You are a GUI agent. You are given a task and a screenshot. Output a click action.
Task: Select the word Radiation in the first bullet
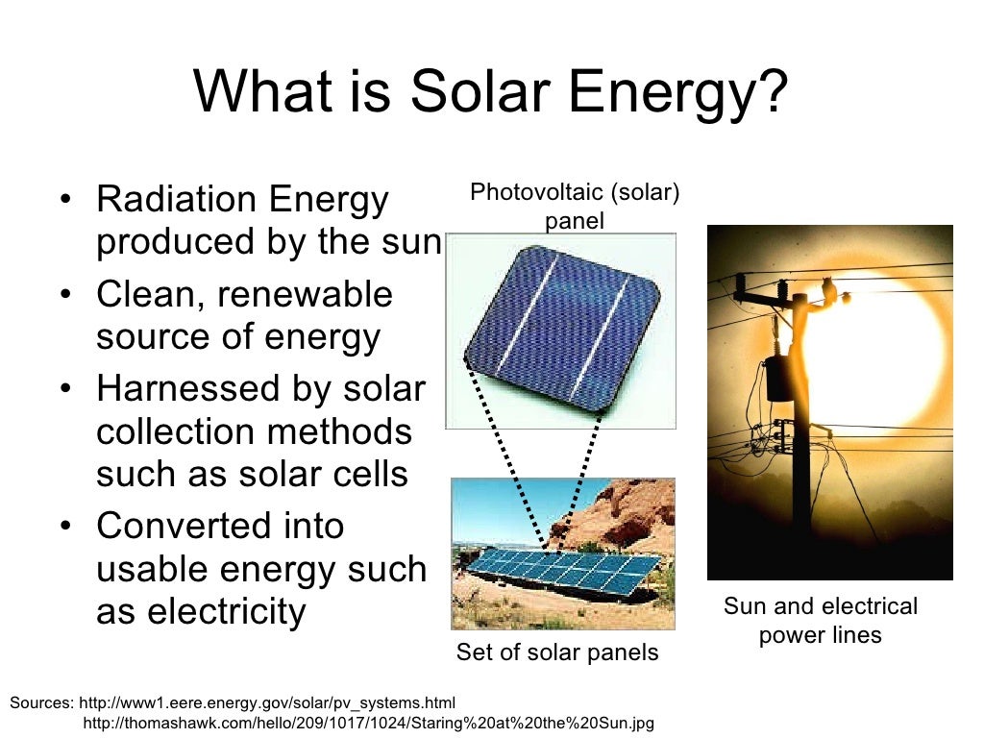click(x=173, y=200)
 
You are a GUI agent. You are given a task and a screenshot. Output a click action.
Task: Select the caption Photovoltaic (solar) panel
click(x=575, y=207)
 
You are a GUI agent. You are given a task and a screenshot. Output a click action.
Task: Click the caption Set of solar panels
click(x=557, y=652)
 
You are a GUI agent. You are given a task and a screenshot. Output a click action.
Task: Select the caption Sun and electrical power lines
click(x=821, y=621)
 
